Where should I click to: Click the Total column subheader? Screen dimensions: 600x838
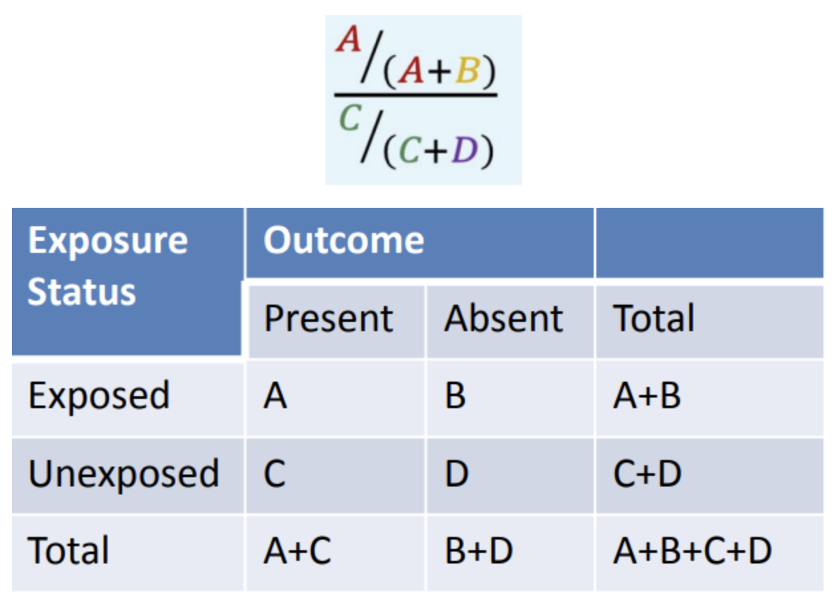[x=654, y=319]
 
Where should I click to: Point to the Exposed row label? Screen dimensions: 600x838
[x=99, y=396]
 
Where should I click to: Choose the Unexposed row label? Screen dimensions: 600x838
[x=124, y=474]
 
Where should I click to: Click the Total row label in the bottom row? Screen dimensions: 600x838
[x=68, y=551]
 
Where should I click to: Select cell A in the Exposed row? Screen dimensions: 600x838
[x=276, y=396]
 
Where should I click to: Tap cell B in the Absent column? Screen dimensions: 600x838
[x=456, y=396]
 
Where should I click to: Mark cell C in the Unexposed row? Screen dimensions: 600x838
[x=275, y=474]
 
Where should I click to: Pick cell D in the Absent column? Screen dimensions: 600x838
[x=457, y=474]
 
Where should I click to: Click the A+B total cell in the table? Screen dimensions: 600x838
[x=647, y=396]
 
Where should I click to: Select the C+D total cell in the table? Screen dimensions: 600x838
[x=647, y=474]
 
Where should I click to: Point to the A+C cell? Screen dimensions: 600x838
[x=297, y=552]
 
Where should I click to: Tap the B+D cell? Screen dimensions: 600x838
[x=479, y=552]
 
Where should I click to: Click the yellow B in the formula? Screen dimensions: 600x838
[x=467, y=71]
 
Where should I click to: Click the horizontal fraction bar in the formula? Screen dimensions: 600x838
[x=416, y=95]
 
